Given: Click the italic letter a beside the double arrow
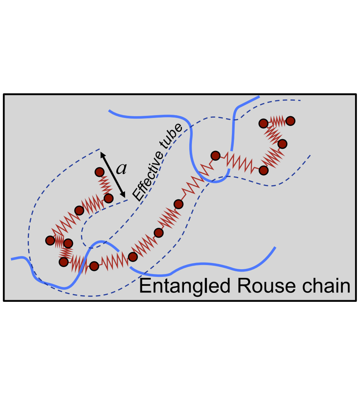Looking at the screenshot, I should point(121,169).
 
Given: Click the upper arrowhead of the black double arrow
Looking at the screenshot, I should point(102,153).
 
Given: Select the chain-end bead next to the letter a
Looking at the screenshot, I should point(99,172).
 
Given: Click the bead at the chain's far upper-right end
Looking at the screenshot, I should point(290,120).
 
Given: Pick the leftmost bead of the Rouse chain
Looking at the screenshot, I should point(50,241).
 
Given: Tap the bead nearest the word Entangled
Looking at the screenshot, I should point(132,257).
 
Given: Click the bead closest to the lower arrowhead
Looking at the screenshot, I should point(108,198).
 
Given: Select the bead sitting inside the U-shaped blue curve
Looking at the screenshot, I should point(215,155).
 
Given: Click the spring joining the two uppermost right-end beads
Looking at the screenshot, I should point(276,121).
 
